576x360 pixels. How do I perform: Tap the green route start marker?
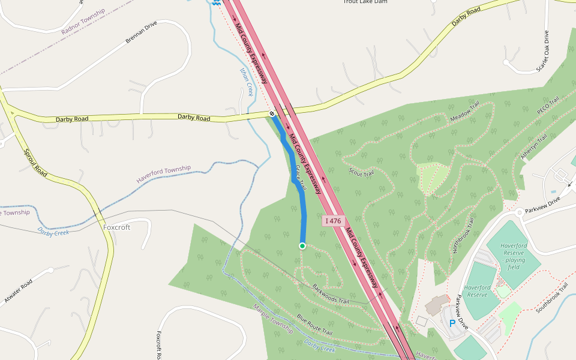(x=302, y=246)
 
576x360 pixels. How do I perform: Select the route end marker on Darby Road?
(x=272, y=113)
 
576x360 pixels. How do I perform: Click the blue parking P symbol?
(x=452, y=323)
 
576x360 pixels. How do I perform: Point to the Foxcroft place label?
(x=116, y=227)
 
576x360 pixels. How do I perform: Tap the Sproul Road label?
(x=35, y=163)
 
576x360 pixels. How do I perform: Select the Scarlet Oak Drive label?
(x=542, y=52)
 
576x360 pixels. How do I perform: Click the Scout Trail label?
(x=361, y=173)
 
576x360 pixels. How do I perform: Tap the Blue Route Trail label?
(x=314, y=325)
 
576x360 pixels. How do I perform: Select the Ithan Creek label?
(x=246, y=82)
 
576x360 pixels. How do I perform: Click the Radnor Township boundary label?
(x=83, y=21)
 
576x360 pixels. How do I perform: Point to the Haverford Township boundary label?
(x=163, y=174)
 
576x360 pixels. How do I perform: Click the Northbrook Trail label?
(x=463, y=235)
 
